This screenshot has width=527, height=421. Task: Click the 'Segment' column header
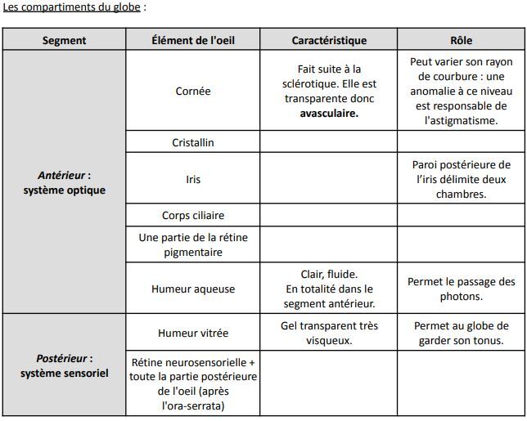[x=64, y=40]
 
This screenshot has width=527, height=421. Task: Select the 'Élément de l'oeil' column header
[x=193, y=40]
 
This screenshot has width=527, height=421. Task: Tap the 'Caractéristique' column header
[x=329, y=40]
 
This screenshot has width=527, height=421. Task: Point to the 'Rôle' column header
[x=461, y=40]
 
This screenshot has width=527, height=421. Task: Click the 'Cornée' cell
[x=193, y=91]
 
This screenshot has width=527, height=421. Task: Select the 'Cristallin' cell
[x=193, y=142]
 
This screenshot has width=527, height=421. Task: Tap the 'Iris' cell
[x=193, y=179]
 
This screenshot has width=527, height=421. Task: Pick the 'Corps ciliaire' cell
[x=193, y=216]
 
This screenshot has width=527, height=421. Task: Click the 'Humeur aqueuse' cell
[x=193, y=289]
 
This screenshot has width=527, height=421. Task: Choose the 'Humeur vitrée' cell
[x=193, y=333]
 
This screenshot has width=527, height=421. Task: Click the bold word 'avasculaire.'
[x=329, y=114]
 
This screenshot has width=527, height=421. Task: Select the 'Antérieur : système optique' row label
[x=64, y=182]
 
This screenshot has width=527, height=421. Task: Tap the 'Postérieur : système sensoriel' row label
[x=64, y=365]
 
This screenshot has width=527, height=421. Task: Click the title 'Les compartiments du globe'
[x=74, y=7]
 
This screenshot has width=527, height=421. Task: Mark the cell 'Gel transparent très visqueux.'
[x=329, y=333]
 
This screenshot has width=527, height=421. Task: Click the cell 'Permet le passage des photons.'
[x=461, y=289]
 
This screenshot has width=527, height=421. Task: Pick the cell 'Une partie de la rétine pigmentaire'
[x=193, y=244]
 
